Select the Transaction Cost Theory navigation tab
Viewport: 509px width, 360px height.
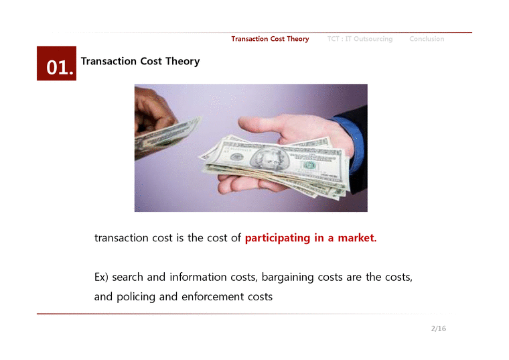(x=270, y=39)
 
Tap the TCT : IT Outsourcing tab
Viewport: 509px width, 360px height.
(x=360, y=39)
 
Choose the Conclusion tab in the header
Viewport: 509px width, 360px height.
(x=427, y=39)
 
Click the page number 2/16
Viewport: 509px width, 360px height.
(x=439, y=328)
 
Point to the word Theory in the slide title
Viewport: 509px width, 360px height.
(x=182, y=62)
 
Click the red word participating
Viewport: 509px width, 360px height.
(x=278, y=238)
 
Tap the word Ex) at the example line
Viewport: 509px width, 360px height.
(x=102, y=278)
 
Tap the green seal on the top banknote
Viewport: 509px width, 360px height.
(x=309, y=166)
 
